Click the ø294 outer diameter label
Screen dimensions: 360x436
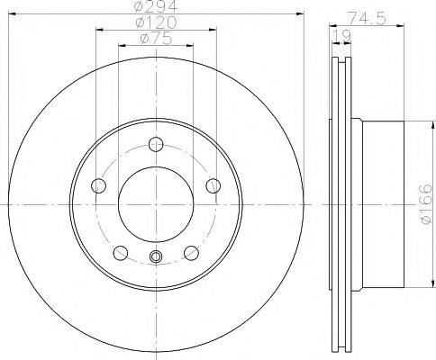tap(155, 8)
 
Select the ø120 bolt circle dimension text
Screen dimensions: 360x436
tap(155, 23)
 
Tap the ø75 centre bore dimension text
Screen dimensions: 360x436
tap(155, 39)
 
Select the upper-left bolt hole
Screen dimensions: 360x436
tap(100, 185)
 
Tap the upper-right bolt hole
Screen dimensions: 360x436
tap(213, 185)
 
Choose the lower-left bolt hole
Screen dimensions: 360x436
tap(121, 251)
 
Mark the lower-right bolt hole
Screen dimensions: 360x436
tap(191, 251)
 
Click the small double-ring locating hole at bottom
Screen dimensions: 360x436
tap(156, 260)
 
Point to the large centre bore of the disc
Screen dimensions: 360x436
tap(156, 202)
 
